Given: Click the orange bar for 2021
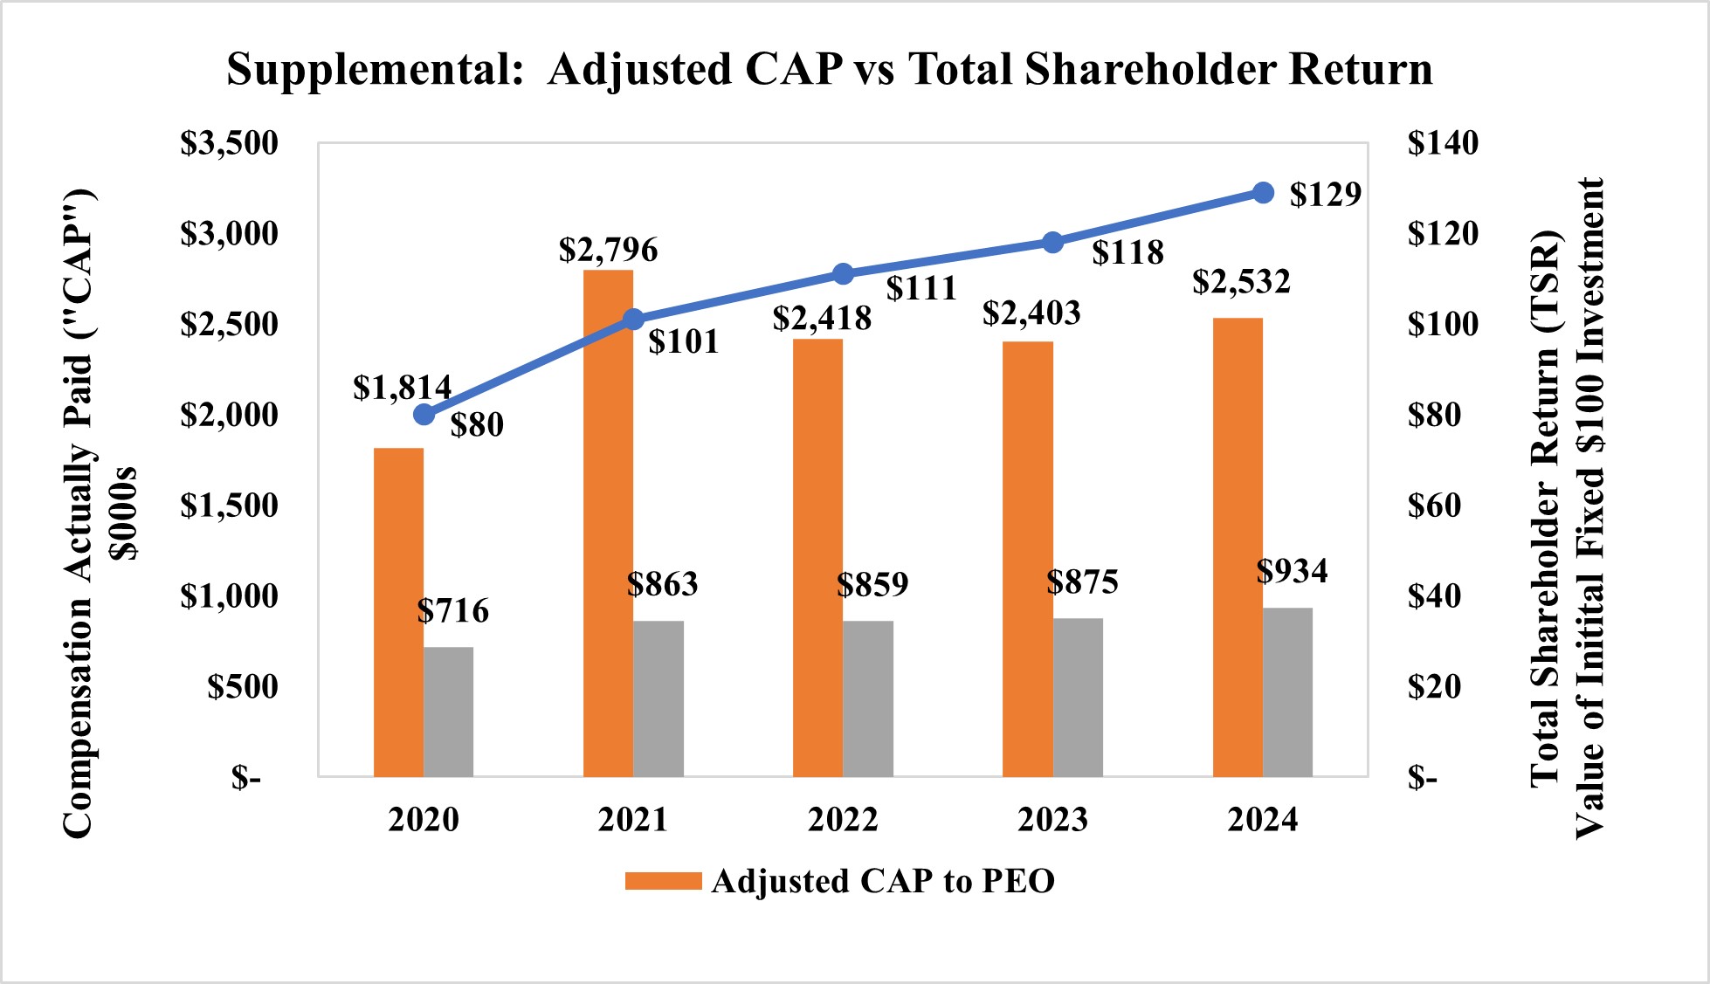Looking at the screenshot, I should (608, 524).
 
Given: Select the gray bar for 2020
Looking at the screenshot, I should (449, 712).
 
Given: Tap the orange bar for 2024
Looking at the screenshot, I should (1238, 547).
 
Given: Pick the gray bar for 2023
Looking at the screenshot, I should (1078, 698).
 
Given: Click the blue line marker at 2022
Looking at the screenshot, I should (843, 274).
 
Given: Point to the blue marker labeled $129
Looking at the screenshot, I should (1263, 192).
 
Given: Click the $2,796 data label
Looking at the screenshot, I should (608, 250).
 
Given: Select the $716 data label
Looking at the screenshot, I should (452, 610).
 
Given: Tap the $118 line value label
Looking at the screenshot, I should (1127, 252).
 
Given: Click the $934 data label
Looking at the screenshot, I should (1292, 570).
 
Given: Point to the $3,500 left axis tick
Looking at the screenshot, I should (229, 142).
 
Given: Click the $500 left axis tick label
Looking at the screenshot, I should (242, 686).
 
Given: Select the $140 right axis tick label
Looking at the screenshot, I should (1443, 142).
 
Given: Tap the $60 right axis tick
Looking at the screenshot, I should (1434, 505).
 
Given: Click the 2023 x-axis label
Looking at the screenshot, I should (1052, 819).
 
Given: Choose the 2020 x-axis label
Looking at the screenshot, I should (424, 819).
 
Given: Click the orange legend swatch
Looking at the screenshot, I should (663, 881).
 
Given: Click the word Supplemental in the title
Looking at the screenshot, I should (374, 69).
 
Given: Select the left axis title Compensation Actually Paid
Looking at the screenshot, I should (79, 515).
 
